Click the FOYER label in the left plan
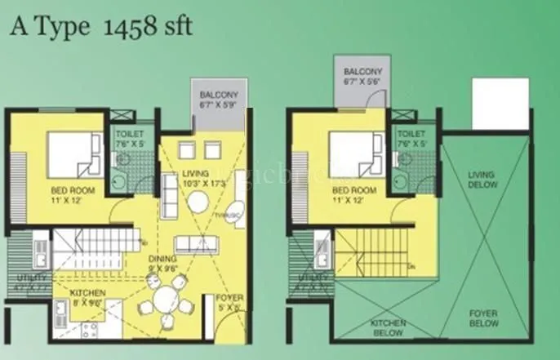pos(229,303)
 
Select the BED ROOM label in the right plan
pos(353,194)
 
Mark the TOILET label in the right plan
pos(411,136)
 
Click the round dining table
pos(168,300)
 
